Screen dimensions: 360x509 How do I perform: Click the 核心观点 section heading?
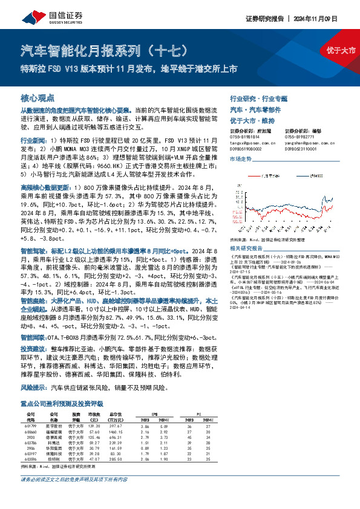pos(38,97)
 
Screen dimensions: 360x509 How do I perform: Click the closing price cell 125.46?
pos(93,419)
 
